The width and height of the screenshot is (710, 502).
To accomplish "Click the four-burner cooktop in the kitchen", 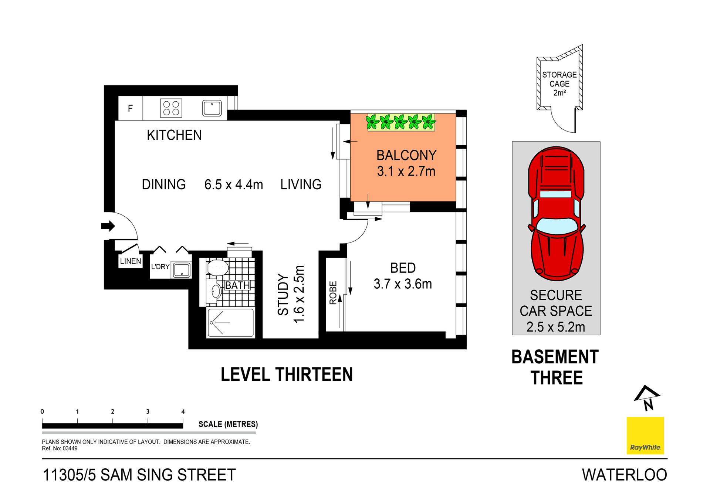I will click(171, 108).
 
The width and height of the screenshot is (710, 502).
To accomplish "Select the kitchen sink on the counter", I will click(212, 108).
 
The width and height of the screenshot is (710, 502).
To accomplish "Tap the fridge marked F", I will click(130, 108).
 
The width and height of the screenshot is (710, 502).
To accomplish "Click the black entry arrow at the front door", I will click(108, 226).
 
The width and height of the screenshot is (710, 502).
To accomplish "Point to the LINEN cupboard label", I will click(131, 261).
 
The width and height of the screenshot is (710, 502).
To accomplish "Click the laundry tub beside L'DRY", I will click(182, 270).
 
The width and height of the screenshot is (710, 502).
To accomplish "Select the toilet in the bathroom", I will click(217, 268).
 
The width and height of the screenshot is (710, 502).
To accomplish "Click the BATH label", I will click(237, 285).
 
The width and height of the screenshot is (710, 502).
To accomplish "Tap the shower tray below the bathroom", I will click(231, 323).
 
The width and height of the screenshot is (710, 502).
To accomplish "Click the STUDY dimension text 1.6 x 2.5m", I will click(299, 294).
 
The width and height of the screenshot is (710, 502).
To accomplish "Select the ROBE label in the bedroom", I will click(333, 293).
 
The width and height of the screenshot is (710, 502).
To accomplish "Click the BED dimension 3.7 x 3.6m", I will click(403, 284).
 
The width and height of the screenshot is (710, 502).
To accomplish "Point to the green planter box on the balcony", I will click(400, 122).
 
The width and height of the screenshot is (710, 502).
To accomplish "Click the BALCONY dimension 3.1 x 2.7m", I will click(406, 171).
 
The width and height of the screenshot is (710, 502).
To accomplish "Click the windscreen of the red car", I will click(557, 226).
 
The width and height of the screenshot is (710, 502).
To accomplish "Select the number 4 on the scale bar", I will click(183, 411).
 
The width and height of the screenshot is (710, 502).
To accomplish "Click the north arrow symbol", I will click(647, 398).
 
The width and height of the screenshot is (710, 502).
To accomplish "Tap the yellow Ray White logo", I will click(645, 435).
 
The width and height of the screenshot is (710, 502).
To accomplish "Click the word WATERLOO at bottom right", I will click(624, 475).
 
